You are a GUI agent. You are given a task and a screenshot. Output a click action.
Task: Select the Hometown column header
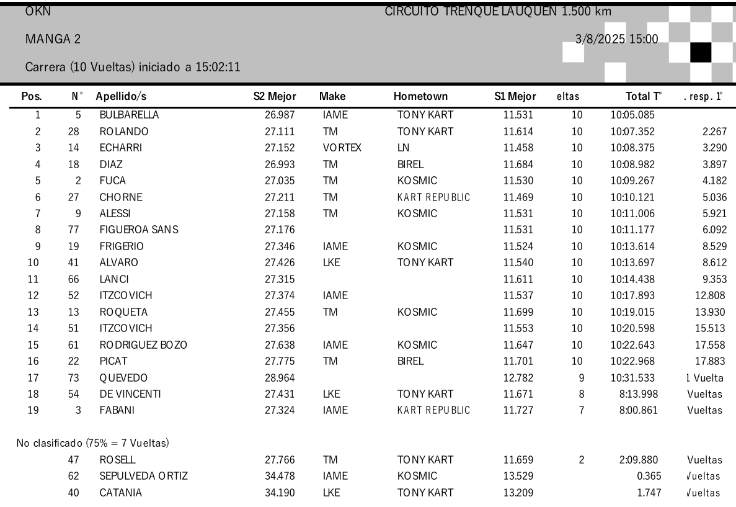pyautogui.click(x=421, y=97)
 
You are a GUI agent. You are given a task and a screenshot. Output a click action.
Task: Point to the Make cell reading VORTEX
pyautogui.click(x=338, y=149)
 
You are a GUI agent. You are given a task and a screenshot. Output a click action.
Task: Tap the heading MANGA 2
pyautogui.click(x=53, y=40)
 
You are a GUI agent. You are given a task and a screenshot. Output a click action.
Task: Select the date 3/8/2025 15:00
pyautogui.click(x=617, y=40)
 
